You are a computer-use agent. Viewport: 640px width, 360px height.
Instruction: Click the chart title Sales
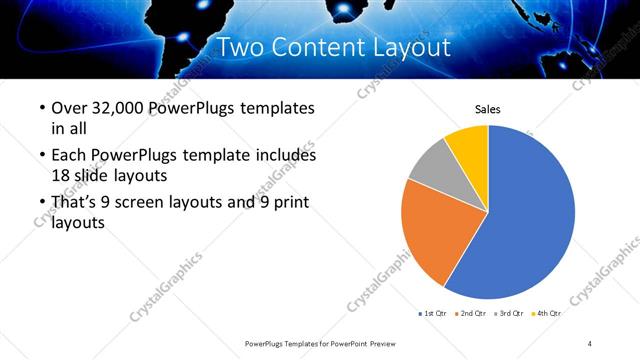click(x=487, y=109)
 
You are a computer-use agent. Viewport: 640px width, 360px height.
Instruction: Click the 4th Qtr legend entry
click(x=548, y=314)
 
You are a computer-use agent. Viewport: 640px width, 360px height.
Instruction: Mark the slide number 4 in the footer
click(x=590, y=343)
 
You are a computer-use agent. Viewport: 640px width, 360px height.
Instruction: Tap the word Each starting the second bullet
click(x=68, y=156)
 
